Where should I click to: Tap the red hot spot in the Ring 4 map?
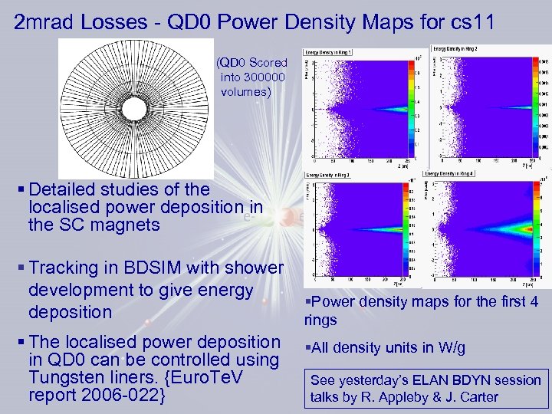coord(527,228)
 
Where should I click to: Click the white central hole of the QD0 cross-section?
coord(135,107)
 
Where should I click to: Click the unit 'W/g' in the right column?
coord(447,348)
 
